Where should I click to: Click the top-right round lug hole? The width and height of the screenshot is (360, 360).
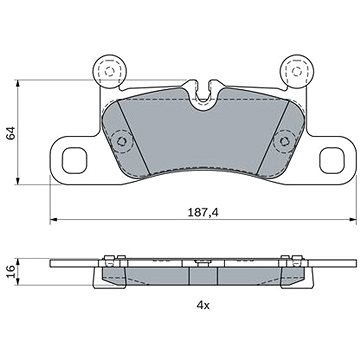pyautogui.click(x=294, y=71)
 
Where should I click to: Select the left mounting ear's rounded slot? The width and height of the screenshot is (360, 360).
pyautogui.click(x=75, y=157)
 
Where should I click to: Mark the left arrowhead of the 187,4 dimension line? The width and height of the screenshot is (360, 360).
pyautogui.click(x=53, y=221)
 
